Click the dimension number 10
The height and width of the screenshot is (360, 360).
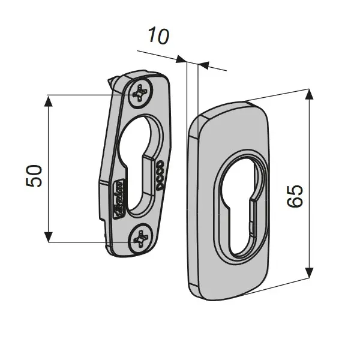[x=158, y=37]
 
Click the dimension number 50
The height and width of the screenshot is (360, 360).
[x=35, y=176]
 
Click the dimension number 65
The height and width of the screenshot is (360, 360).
[x=295, y=195]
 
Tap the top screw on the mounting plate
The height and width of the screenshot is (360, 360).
[x=142, y=92]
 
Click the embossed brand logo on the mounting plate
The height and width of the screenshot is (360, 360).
[x=118, y=198]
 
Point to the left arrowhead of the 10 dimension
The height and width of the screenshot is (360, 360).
[x=182, y=59]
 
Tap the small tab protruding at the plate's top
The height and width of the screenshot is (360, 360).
[x=113, y=82]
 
